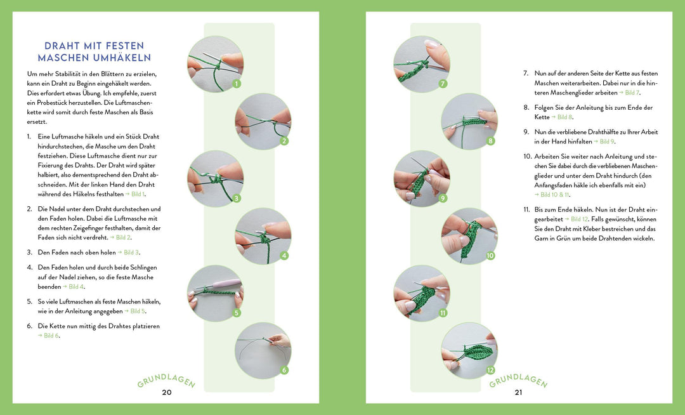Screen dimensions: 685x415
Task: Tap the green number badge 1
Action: (237, 83)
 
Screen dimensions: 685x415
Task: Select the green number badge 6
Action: (284, 370)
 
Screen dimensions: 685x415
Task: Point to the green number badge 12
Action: (490, 370)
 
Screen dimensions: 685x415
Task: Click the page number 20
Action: (167, 392)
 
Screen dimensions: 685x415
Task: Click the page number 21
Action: (519, 392)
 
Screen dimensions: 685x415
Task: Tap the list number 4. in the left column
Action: (30, 267)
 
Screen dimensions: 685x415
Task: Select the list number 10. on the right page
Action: (527, 156)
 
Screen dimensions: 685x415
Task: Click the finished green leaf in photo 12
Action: (478, 351)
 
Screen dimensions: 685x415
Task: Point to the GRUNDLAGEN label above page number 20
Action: (166, 381)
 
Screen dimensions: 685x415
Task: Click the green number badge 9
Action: (443, 198)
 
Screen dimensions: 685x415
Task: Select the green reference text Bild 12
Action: (580, 220)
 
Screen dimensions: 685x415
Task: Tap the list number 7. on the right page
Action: (526, 74)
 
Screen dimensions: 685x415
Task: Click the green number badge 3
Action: (237, 198)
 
